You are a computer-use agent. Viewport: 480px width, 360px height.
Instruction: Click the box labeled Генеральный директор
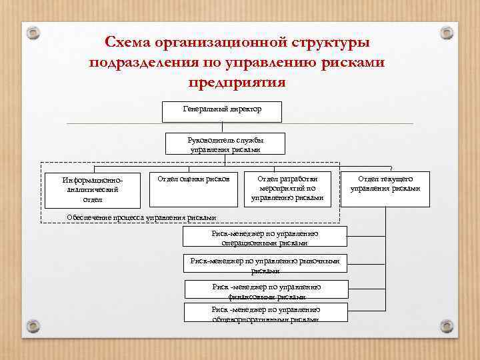click(222, 111)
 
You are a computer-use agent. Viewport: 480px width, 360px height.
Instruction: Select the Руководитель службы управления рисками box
click(226, 145)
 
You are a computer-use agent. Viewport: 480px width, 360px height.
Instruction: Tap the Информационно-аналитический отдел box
click(93, 190)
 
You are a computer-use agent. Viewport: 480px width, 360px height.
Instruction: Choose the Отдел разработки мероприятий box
click(287, 188)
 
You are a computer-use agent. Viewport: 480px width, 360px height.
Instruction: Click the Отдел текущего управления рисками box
click(385, 184)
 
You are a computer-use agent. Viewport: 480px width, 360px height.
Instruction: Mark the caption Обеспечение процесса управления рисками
click(142, 217)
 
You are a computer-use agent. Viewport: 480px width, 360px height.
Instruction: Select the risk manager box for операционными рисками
click(265, 238)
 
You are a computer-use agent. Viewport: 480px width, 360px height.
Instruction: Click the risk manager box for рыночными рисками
click(265, 265)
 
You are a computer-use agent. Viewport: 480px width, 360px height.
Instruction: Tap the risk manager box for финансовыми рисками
click(266, 290)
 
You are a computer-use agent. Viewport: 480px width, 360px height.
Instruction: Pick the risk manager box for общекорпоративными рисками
click(266, 313)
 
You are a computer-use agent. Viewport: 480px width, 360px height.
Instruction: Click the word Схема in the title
click(127, 42)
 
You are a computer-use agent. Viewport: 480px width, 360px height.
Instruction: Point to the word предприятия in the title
click(237, 83)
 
